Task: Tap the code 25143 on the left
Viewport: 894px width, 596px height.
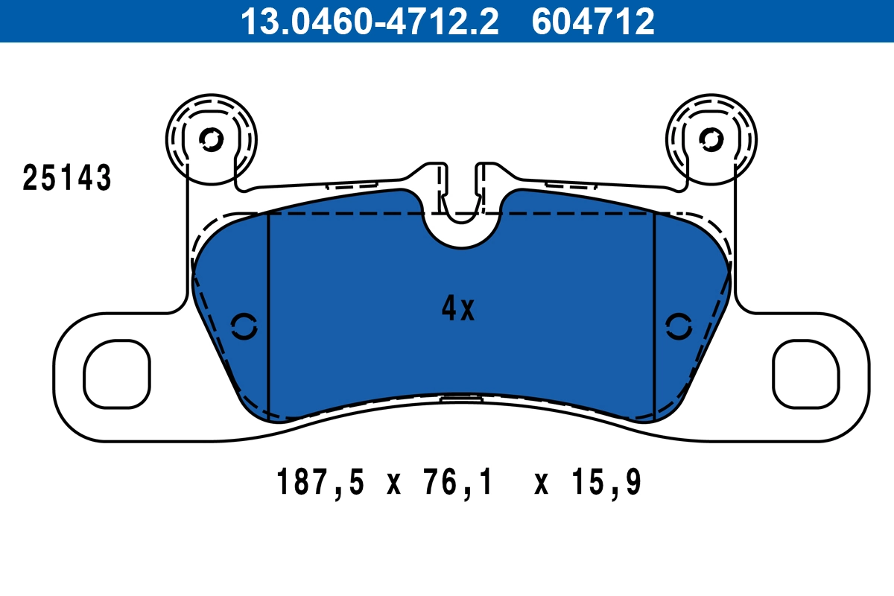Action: (x=67, y=179)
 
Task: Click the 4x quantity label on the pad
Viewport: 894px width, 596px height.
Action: (x=457, y=308)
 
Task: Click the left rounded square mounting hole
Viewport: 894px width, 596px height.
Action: (x=117, y=374)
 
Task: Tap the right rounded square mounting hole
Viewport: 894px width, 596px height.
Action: (x=806, y=374)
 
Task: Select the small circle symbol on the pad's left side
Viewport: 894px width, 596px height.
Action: (x=244, y=326)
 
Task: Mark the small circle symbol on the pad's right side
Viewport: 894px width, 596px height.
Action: (x=678, y=326)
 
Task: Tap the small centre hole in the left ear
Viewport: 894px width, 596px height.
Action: (x=211, y=139)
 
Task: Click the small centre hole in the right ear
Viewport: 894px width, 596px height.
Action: (x=711, y=139)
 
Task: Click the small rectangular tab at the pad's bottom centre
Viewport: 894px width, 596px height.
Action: (x=461, y=399)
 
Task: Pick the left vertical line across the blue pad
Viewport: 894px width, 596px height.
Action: (x=267, y=313)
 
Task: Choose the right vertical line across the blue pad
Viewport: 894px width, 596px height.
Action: (x=654, y=313)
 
